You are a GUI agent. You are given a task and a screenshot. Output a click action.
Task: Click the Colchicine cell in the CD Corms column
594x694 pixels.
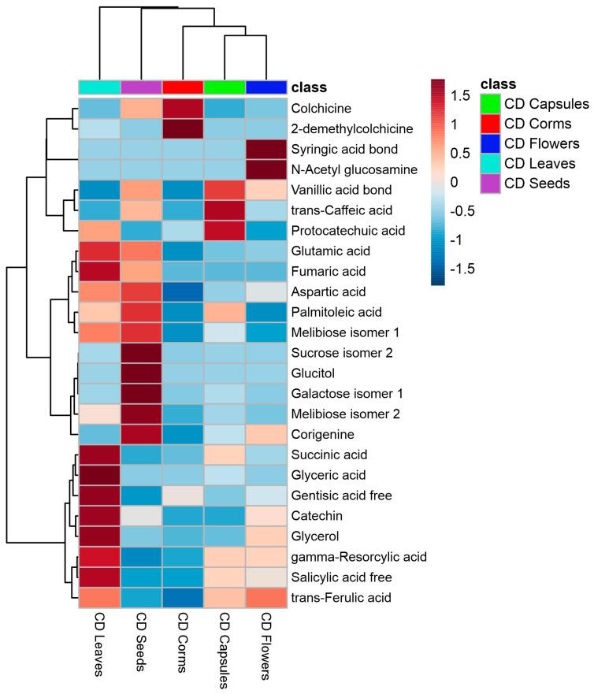183,107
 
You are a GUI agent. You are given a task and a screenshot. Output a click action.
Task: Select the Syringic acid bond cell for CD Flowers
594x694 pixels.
266,148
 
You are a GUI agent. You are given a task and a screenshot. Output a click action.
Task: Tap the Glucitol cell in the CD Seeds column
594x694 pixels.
141,372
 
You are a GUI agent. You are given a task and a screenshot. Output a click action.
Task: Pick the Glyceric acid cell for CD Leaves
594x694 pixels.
99,475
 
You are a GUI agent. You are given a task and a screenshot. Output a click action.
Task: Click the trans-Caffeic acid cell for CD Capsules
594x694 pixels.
225,210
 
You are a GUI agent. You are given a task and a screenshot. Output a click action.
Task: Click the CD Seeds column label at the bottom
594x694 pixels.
142,642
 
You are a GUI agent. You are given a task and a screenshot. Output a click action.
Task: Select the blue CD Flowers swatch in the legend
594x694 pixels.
490,143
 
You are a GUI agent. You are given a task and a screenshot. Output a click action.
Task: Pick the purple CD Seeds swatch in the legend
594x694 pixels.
490,184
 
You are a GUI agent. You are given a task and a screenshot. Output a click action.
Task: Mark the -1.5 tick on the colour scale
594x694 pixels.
465,268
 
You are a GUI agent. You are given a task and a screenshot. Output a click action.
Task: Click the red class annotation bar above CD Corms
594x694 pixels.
183,86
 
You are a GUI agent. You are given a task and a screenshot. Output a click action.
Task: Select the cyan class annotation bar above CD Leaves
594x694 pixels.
99,86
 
